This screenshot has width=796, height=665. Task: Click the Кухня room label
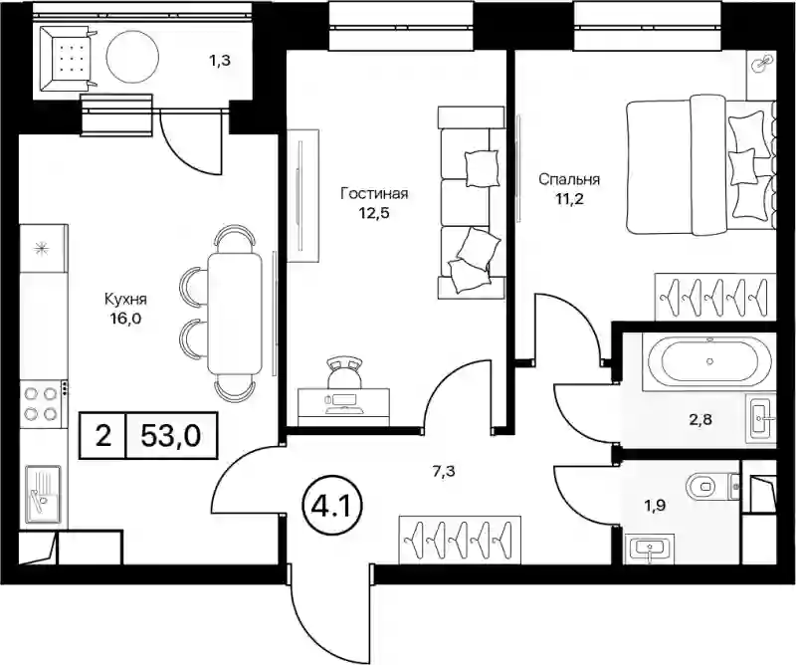coord(125,300)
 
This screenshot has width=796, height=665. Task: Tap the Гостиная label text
coord(375,193)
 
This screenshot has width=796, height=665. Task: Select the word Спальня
coord(569,179)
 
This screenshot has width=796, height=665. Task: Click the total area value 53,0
coord(171,435)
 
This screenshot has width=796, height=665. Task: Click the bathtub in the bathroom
coord(709,361)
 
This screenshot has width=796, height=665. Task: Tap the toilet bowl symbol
coord(707,486)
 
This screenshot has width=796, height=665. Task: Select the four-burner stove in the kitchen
coord(43,403)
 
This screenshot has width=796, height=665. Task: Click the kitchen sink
coord(43,494)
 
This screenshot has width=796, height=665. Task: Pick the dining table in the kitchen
coord(236,313)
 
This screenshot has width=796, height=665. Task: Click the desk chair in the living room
coord(345,371)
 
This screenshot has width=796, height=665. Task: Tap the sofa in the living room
coord(471,202)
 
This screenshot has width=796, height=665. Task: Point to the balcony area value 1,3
coord(219,61)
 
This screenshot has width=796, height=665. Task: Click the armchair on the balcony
coord(67,60)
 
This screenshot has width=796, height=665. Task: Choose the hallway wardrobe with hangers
coord(460,540)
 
